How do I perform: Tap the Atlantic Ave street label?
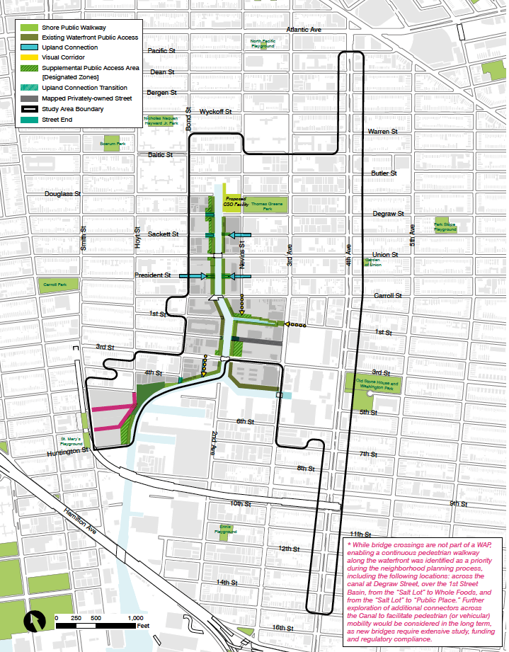tap(304, 30)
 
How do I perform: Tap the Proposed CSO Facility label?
tap(235, 201)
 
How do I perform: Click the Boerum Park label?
tap(113, 144)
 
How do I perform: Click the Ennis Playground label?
tap(227, 529)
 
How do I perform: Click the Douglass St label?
tap(63, 193)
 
